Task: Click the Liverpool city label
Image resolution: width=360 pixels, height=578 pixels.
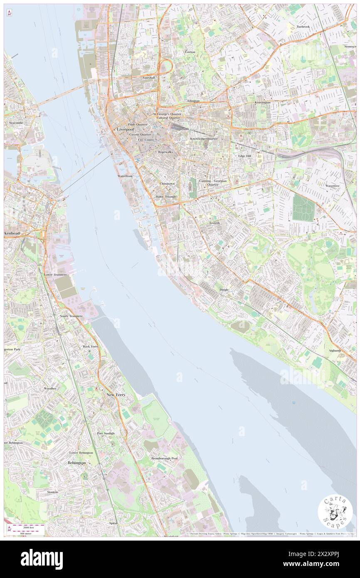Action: pos(125,129)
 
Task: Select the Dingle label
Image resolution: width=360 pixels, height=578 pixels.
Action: pos(224,289)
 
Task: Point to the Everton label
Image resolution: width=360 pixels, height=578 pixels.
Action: pos(190,52)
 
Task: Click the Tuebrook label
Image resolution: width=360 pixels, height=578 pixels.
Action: pos(303,26)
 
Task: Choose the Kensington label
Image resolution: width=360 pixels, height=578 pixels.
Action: pos(263,102)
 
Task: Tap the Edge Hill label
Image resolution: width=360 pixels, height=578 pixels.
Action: pos(244,156)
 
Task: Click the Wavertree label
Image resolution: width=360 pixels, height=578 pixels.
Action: pos(333,185)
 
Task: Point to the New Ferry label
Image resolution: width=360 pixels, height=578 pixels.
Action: pos(116,394)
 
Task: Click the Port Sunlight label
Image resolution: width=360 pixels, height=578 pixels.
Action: pos(106,433)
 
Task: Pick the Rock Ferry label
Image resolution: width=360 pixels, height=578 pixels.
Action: pos(91,346)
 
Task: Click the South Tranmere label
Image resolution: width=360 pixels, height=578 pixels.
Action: pos(71,316)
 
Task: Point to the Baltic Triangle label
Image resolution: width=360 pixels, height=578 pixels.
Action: pos(166,196)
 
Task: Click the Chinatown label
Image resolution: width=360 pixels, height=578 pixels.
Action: pos(167,183)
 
